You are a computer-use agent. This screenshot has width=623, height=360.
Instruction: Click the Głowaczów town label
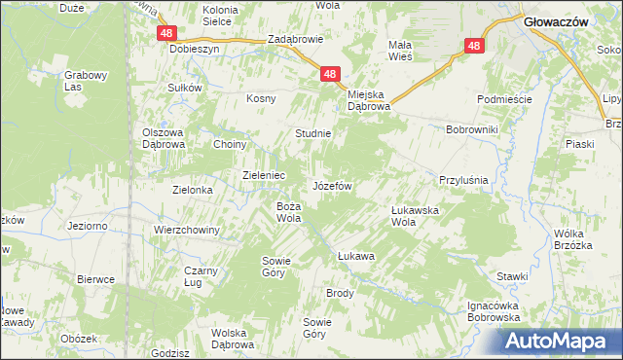(x=553, y=19)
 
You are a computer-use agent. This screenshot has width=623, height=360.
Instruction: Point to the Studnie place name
(x=313, y=133)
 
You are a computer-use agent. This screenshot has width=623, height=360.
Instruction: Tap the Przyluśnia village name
(x=462, y=181)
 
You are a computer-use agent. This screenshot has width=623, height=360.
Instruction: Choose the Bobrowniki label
(x=472, y=128)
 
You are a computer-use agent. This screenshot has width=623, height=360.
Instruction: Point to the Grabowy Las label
(x=84, y=81)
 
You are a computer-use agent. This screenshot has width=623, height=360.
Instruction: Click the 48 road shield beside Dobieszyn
(x=165, y=33)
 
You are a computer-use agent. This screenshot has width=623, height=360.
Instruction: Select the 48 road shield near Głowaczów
(x=474, y=46)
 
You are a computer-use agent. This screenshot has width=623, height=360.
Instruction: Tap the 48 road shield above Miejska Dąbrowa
(x=331, y=74)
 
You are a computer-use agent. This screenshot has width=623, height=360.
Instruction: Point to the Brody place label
(x=340, y=293)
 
